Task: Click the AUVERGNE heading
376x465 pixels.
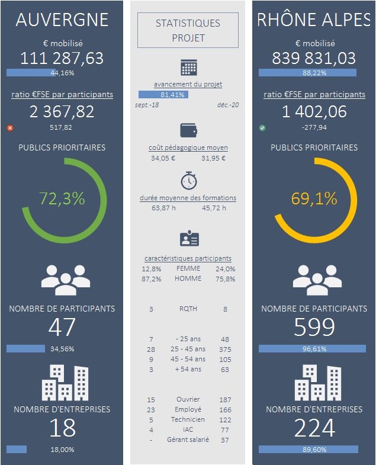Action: pyautogui.click(x=62, y=20)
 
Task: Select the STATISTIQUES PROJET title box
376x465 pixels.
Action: pyautogui.click(x=188, y=30)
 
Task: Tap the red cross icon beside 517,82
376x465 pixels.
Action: pyautogui.click(x=9, y=127)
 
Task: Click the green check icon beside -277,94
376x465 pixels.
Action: pyautogui.click(x=262, y=127)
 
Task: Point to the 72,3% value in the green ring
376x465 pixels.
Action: pyautogui.click(x=62, y=199)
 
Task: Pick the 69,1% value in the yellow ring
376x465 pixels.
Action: pyautogui.click(x=314, y=199)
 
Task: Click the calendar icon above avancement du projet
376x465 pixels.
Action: pyautogui.click(x=188, y=68)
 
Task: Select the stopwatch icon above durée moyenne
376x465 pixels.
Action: pyautogui.click(x=188, y=180)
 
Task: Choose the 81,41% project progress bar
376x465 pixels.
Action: pyautogui.click(x=163, y=94)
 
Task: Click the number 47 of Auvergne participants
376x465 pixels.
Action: pyautogui.click(x=62, y=328)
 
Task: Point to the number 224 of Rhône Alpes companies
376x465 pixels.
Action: pyautogui.click(x=314, y=428)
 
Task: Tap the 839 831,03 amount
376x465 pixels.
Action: pyautogui.click(x=314, y=58)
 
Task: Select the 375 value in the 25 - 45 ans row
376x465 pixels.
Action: pyautogui.click(x=224, y=349)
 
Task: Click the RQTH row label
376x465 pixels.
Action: pyautogui.click(x=188, y=309)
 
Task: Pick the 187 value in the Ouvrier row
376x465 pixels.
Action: pyautogui.click(x=225, y=400)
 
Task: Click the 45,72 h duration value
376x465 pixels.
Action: pyautogui.click(x=214, y=208)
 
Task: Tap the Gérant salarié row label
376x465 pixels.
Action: pyautogui.click(x=188, y=440)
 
